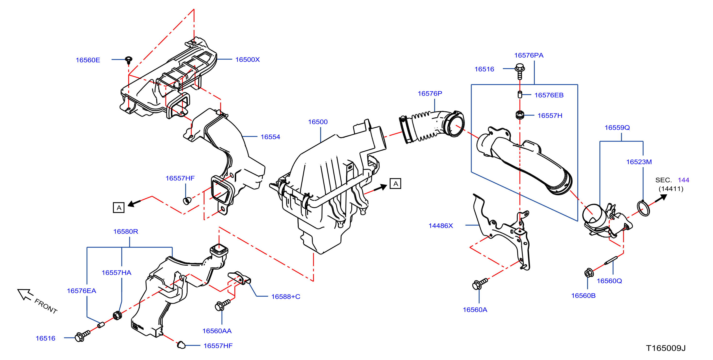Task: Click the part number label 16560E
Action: (88, 60)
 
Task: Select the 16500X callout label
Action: (248, 59)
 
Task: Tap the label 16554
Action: (270, 137)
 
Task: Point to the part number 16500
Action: (318, 122)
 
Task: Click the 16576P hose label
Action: (430, 94)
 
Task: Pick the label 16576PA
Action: (529, 55)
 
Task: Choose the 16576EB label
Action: (549, 95)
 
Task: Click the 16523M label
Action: (639, 162)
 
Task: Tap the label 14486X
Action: (441, 226)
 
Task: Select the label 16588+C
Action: (286, 297)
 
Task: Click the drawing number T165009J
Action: (666, 348)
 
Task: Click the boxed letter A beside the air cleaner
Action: (395, 184)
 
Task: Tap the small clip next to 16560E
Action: (129, 60)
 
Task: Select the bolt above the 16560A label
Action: (480, 284)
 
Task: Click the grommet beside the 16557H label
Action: (520, 115)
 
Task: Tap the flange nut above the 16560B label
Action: (589, 273)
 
